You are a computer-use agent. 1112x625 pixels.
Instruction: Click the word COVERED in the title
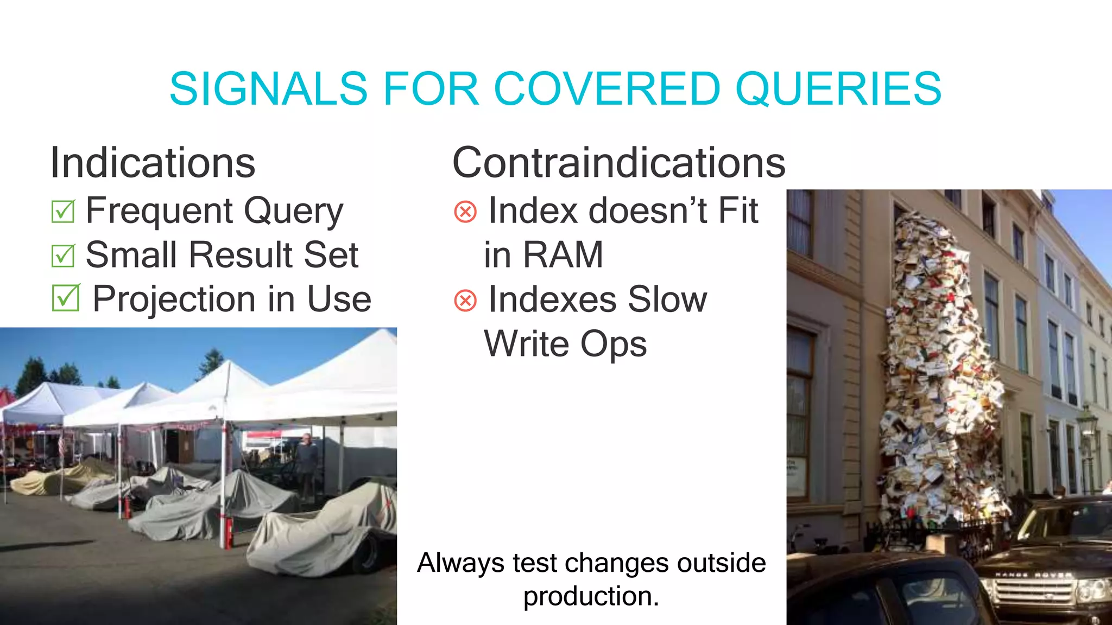click(x=607, y=88)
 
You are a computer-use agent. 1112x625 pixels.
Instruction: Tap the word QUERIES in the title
click(x=838, y=88)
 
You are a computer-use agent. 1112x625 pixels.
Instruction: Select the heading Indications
click(x=153, y=163)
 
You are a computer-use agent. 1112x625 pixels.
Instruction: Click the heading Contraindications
click(x=618, y=163)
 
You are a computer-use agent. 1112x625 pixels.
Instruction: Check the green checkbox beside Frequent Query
click(x=63, y=212)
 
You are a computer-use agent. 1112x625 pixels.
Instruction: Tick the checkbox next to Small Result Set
click(x=63, y=256)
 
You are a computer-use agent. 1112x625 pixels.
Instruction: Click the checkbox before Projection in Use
click(x=66, y=298)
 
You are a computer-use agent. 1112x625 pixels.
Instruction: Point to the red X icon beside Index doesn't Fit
click(x=465, y=212)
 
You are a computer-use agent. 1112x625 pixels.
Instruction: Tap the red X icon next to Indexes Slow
click(x=465, y=300)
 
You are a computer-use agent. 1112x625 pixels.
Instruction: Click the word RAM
click(x=563, y=254)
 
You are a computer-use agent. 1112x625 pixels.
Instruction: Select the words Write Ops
click(x=565, y=344)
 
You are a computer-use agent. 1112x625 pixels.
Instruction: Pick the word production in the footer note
click(x=591, y=596)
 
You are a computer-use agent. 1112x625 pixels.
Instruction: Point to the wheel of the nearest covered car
click(x=367, y=553)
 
